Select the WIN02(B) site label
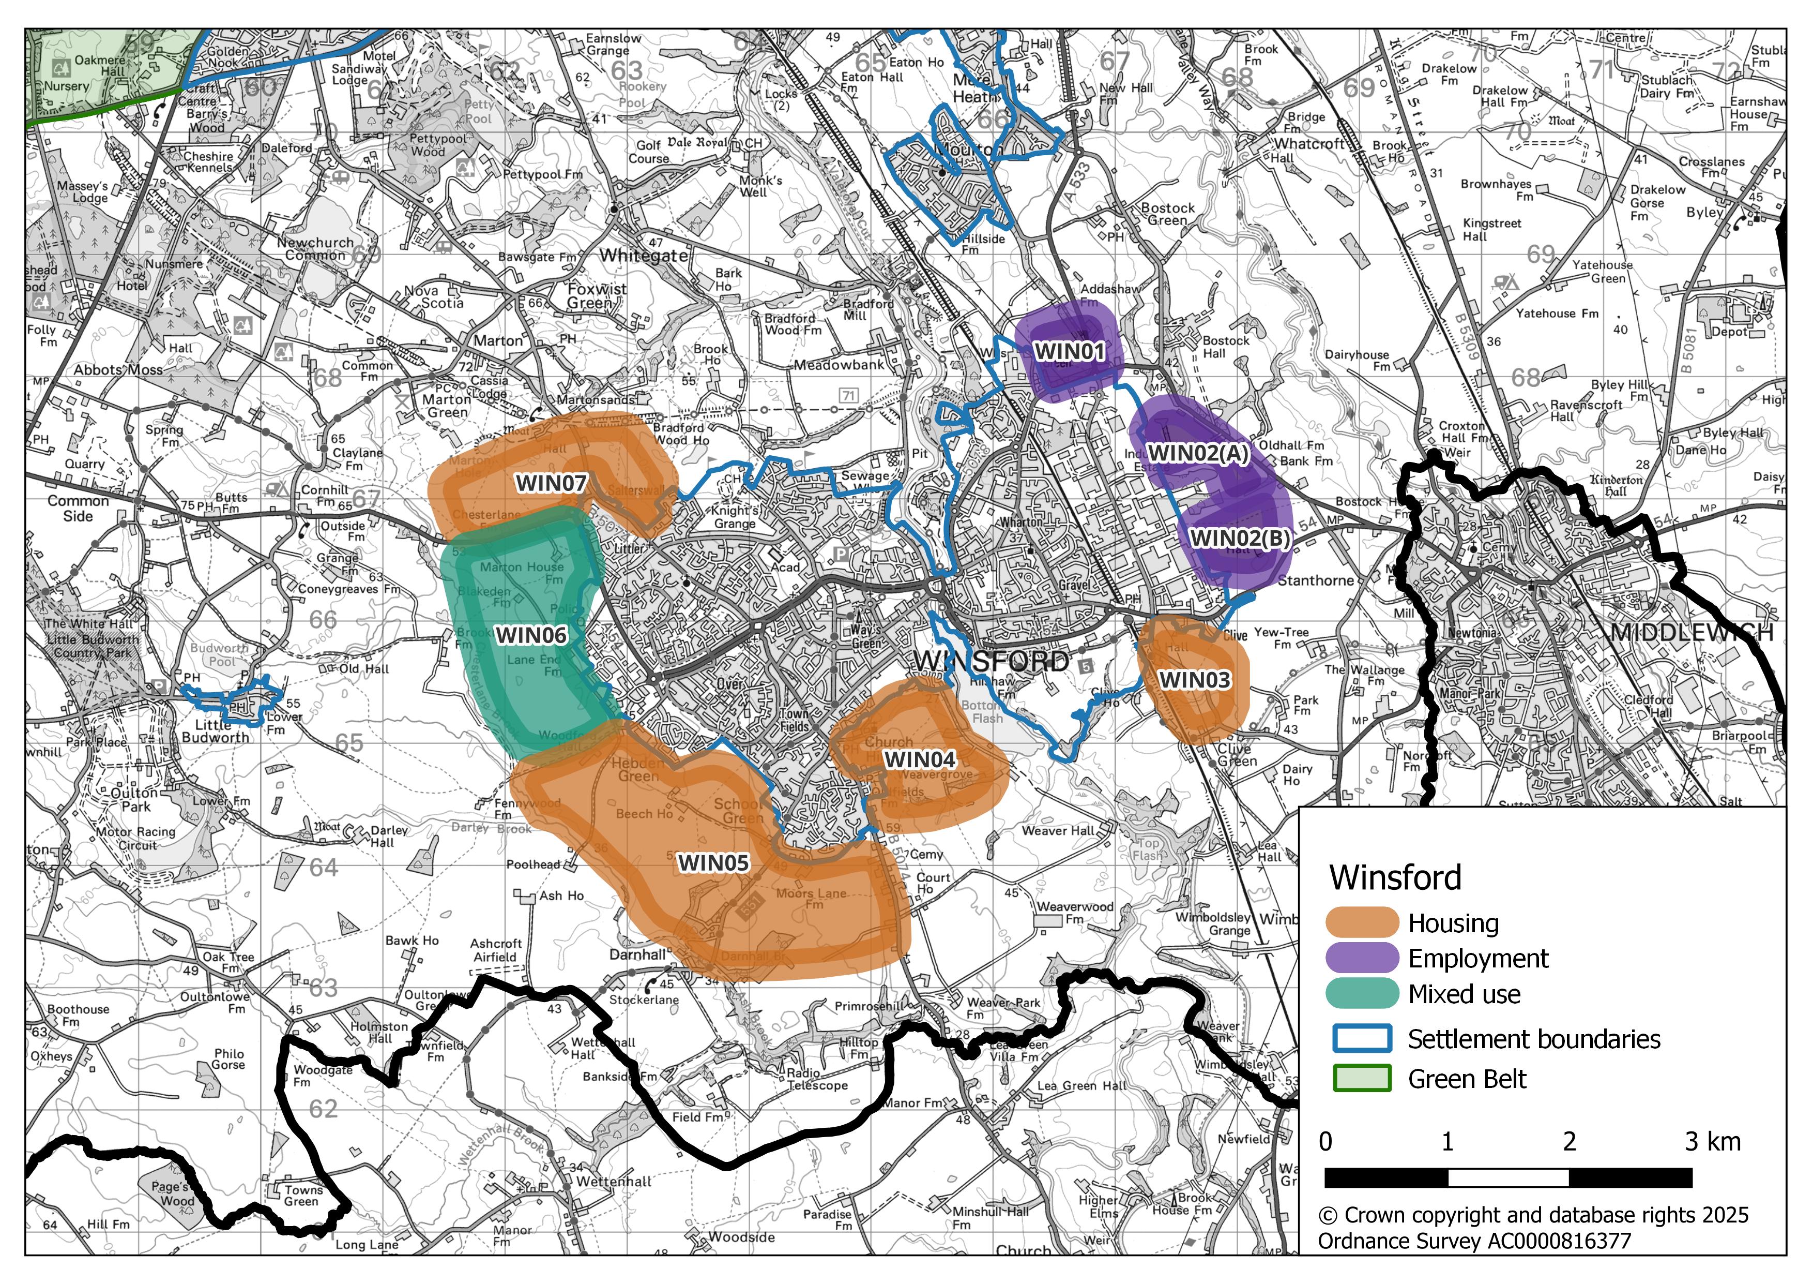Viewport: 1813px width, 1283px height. pos(1240,538)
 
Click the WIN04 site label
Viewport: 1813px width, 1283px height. pos(919,759)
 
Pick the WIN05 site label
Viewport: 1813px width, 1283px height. pos(713,863)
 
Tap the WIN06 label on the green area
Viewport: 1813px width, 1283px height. pos(531,635)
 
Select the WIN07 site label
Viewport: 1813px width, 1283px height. pos(551,483)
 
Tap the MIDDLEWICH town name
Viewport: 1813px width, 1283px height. pos(1692,632)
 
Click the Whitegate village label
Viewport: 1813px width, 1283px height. pos(644,256)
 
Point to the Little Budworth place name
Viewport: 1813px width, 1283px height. pos(215,731)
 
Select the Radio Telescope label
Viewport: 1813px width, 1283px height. pos(816,1079)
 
